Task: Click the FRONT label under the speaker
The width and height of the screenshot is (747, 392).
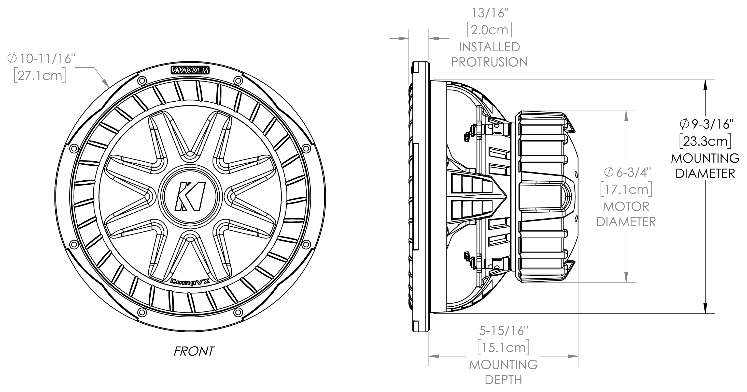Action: (194, 351)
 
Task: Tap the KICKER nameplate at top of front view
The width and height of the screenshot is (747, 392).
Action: (190, 70)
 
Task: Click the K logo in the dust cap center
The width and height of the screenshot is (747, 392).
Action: (190, 196)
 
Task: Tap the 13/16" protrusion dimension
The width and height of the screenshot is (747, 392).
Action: (489, 13)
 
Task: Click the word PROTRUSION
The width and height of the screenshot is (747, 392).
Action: (489, 62)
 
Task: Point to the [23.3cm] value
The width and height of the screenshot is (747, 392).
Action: (705, 142)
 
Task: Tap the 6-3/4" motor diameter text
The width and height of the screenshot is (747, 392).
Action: (627, 173)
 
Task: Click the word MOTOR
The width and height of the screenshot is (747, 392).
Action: (626, 207)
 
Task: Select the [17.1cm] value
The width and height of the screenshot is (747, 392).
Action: (626, 190)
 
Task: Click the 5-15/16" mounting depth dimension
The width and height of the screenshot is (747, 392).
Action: (504, 331)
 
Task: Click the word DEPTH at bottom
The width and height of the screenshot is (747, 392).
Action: (503, 380)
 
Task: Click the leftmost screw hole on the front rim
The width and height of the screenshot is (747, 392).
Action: (73, 149)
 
